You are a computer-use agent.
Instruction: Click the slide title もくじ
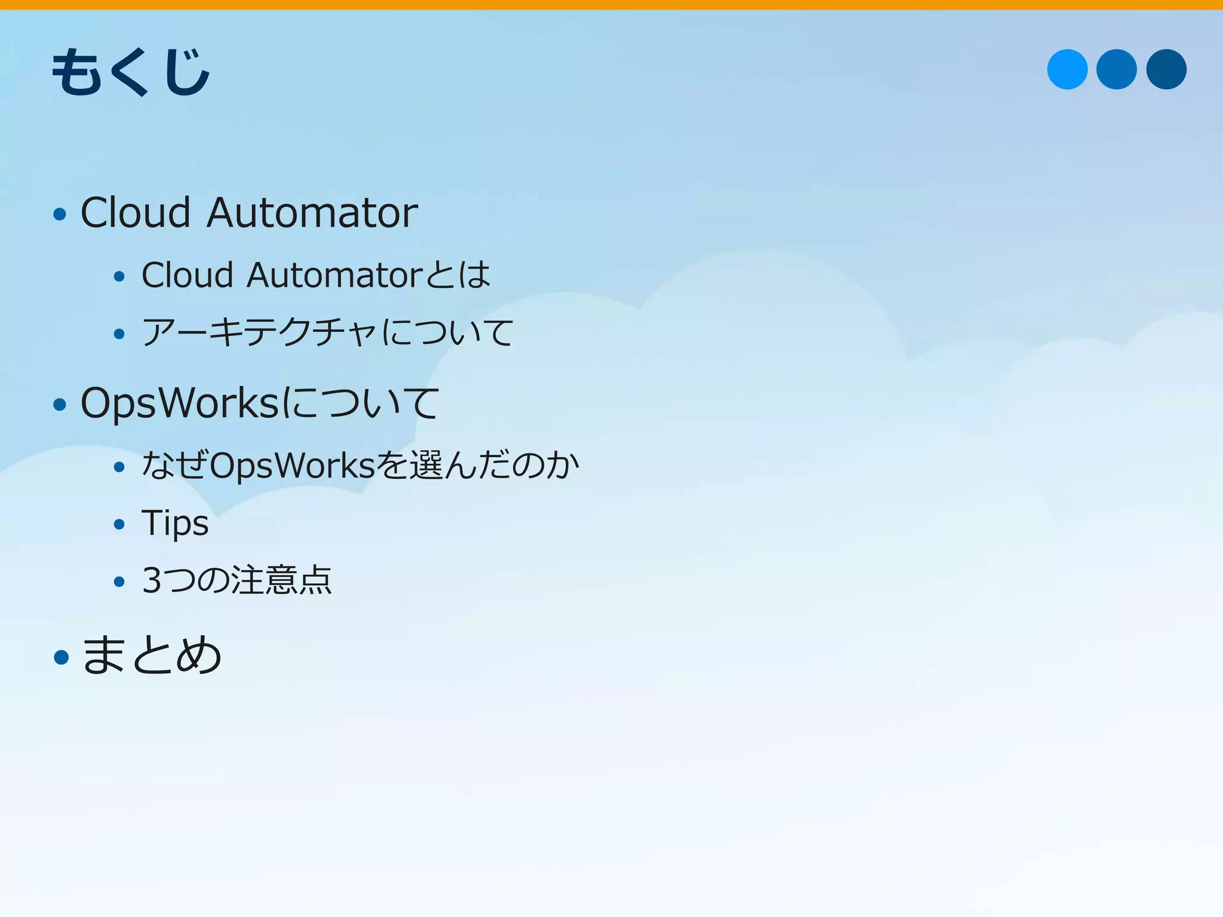[x=131, y=72]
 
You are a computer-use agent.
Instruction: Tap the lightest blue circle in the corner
[x=1067, y=69]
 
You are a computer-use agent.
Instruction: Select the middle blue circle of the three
[x=1116, y=69]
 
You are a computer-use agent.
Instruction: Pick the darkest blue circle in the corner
[x=1166, y=69]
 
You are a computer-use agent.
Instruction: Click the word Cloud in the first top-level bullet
[x=136, y=213]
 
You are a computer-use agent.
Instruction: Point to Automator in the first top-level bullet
[x=312, y=213]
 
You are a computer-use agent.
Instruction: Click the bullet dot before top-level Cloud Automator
[x=60, y=214]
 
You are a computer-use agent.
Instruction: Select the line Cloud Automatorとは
[x=315, y=275]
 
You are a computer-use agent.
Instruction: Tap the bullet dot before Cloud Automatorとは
[x=119, y=276]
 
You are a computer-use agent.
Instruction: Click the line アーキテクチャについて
[x=327, y=332]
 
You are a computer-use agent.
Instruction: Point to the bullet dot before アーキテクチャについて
[x=119, y=334]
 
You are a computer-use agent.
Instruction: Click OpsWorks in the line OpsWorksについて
[x=180, y=404]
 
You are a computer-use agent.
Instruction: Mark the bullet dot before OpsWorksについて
[x=60, y=405]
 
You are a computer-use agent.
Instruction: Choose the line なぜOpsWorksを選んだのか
[x=360, y=465]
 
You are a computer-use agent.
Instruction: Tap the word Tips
[x=175, y=524]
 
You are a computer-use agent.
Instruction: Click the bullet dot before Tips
[x=119, y=525]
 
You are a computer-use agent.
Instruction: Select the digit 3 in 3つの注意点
[x=152, y=580]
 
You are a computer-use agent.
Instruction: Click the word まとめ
[x=152, y=656]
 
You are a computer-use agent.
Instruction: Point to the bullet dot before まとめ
[x=61, y=657]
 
